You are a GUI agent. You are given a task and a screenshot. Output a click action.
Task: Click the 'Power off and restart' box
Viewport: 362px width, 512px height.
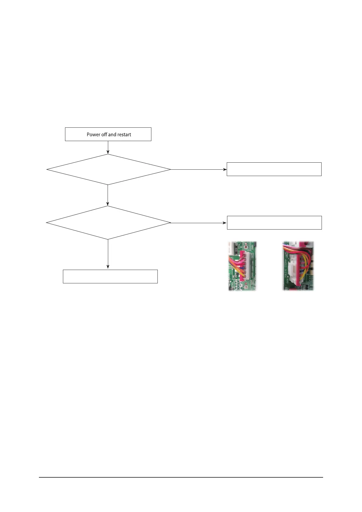[108, 134]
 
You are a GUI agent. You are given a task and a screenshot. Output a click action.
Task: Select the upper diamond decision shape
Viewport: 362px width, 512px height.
[108, 169]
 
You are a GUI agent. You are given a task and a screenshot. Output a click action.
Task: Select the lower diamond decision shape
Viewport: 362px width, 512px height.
[108, 223]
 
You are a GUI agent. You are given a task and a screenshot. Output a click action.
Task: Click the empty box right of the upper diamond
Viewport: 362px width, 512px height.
[274, 169]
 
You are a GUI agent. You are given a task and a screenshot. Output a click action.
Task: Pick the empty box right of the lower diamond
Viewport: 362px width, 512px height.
[274, 223]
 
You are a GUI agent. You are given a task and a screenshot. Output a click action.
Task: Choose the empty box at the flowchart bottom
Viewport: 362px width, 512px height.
[110, 276]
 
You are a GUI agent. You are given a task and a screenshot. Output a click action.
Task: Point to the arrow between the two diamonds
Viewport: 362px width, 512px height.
[108, 195]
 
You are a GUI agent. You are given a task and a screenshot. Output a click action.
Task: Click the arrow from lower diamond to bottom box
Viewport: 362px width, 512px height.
[108, 254]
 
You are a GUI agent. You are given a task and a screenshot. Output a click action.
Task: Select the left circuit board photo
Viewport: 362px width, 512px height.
[242, 266]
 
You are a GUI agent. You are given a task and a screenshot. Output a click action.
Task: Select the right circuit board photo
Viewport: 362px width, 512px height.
[298, 266]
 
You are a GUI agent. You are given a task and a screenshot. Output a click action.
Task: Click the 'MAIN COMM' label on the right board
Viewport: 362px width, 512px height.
[286, 268]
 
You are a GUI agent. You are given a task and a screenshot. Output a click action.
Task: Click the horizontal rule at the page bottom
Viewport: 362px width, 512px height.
[181, 477]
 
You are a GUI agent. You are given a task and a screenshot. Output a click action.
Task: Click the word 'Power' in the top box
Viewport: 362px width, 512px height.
[93, 134]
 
